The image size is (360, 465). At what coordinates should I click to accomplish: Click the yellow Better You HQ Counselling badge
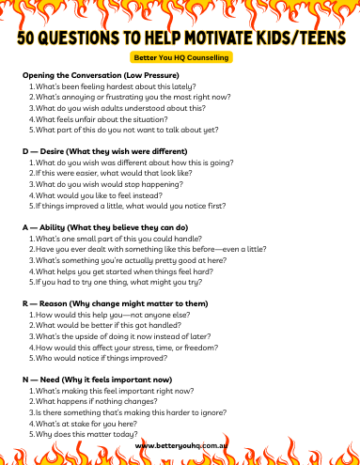pos(180,57)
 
